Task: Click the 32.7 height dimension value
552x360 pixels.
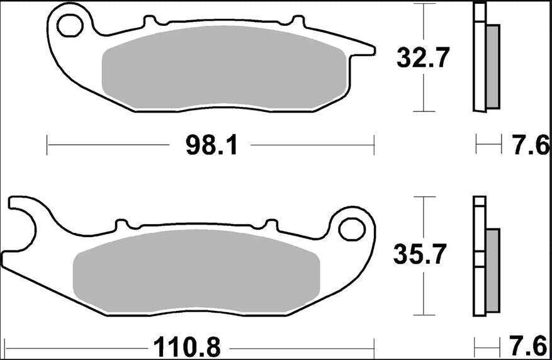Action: tap(422, 58)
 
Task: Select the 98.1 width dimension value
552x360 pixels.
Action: tap(211, 146)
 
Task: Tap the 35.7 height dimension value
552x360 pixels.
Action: tap(420, 254)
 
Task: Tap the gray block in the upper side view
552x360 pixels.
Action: tap(492, 66)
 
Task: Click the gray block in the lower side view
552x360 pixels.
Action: tap(492, 271)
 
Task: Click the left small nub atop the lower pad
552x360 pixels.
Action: tap(122, 224)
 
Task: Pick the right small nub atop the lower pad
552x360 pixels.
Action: tap(271, 224)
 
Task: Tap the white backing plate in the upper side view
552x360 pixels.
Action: tap(480, 60)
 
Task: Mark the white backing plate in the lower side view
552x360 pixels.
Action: tap(480, 258)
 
